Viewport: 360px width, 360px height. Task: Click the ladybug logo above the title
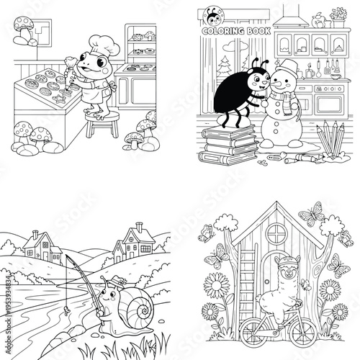tap(214, 14)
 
